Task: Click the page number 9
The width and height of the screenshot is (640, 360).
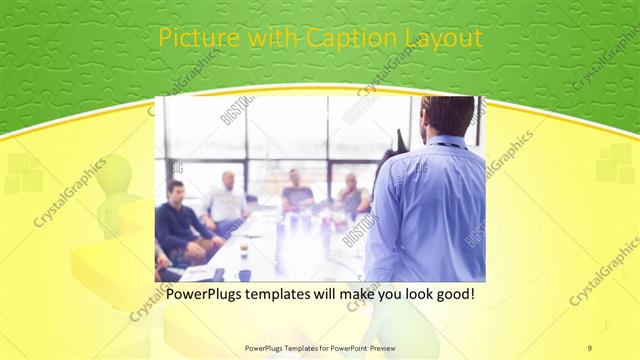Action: click(590, 347)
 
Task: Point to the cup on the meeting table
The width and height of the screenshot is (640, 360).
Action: click(244, 249)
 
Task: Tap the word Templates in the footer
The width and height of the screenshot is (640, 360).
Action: click(290, 347)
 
